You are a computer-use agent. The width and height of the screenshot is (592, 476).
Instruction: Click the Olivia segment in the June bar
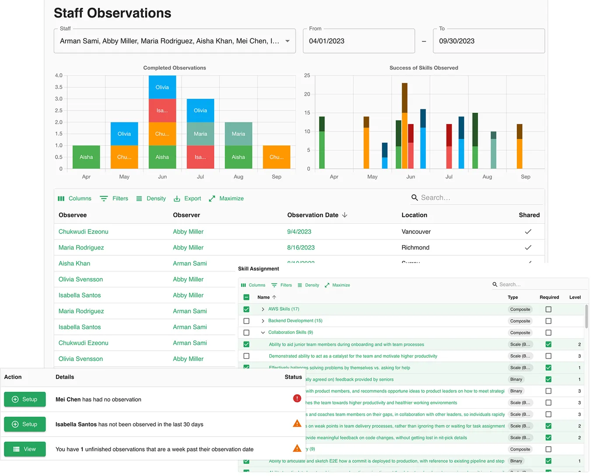pos(162,87)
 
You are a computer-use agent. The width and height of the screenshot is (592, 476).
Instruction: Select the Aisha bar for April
pos(86,157)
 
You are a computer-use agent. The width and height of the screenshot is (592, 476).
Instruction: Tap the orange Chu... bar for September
pos(276,157)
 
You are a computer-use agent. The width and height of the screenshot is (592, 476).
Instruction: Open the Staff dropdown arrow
pos(287,41)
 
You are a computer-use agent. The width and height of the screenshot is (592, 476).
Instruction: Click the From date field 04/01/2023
pos(359,41)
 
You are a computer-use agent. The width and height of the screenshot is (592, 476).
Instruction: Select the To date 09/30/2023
pos(488,41)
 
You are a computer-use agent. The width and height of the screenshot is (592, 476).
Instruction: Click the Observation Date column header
pos(313,215)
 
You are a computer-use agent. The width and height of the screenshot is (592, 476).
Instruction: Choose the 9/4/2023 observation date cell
pos(299,232)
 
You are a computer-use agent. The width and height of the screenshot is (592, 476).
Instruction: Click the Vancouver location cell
pos(416,232)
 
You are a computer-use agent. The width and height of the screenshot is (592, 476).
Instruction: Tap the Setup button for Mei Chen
pos(25,399)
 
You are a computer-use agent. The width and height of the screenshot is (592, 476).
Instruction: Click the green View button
pos(25,449)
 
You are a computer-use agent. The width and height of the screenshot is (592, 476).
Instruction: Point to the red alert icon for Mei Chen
pos(297,398)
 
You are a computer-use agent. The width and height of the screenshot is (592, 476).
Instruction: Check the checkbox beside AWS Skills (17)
pos(247,309)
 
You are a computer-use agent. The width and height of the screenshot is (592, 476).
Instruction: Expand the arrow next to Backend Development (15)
pos(263,321)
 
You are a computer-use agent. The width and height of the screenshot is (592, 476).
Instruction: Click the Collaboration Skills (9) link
pos(290,332)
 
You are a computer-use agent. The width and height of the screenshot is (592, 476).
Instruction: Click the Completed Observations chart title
pos(174,68)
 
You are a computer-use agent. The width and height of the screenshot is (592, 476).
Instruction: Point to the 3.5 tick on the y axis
pos(59,87)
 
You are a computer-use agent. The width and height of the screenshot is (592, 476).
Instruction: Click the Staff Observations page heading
pos(112,13)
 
